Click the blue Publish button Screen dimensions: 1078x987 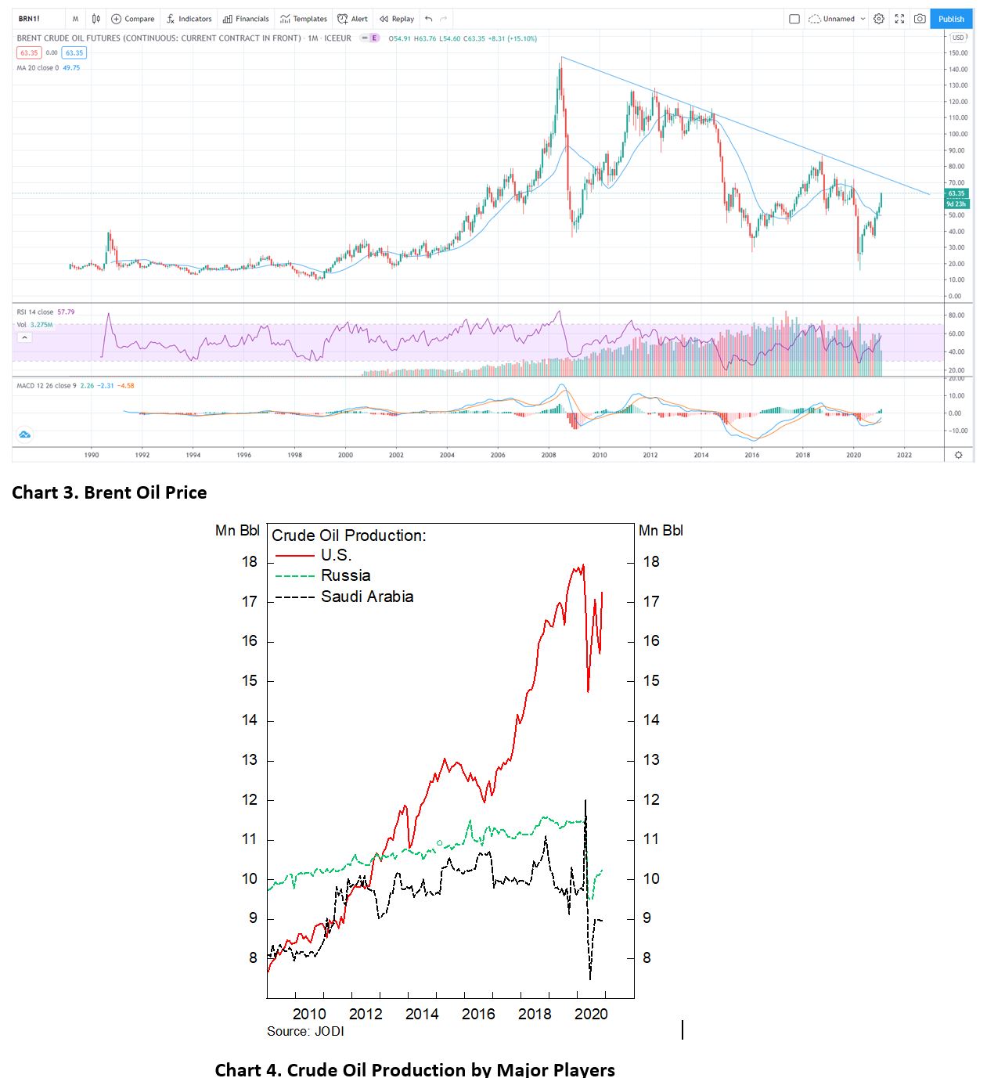point(951,19)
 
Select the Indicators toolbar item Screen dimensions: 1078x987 point(189,19)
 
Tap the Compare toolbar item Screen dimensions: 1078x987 point(133,19)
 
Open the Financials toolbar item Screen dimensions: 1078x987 point(246,19)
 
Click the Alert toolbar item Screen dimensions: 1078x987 point(353,19)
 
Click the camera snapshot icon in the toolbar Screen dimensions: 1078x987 point(920,19)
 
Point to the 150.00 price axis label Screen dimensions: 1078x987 point(957,53)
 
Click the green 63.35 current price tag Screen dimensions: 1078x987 point(956,193)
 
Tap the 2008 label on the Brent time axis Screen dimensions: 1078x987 point(549,455)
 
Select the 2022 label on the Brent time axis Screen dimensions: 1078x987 point(904,455)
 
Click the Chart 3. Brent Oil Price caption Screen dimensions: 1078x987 point(110,492)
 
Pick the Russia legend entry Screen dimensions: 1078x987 point(345,575)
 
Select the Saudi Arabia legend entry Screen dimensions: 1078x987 point(366,597)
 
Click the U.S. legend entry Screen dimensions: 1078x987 point(336,555)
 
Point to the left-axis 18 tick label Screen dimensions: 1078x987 point(250,561)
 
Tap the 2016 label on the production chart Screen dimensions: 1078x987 point(478,1014)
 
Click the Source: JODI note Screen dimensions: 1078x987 point(305,1031)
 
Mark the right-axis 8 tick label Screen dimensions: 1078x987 point(647,957)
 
